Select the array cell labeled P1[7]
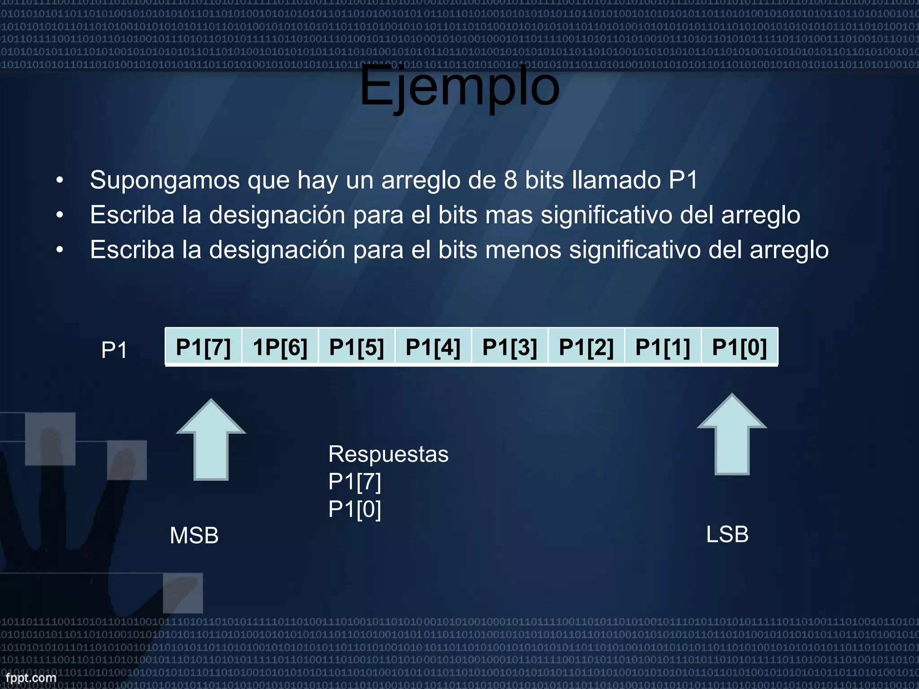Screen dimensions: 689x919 pyautogui.click(x=203, y=347)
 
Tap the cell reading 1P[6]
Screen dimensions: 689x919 pyautogui.click(x=280, y=347)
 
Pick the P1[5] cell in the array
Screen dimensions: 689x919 pyautogui.click(x=357, y=347)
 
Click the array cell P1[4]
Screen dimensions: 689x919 pyautogui.click(x=433, y=347)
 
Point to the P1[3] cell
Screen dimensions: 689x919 pyautogui.click(x=510, y=347)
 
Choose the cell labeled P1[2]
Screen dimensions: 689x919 pyautogui.click(x=586, y=347)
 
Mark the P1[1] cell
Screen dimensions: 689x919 pyautogui.click(x=663, y=347)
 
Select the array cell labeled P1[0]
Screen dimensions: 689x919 pyautogui.click(x=740, y=347)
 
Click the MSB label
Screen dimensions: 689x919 pyautogui.click(x=194, y=535)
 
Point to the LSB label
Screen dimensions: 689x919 pyautogui.click(x=727, y=534)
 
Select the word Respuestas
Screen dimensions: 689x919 pyautogui.click(x=388, y=454)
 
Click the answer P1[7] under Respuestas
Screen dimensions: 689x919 pyautogui.click(x=354, y=482)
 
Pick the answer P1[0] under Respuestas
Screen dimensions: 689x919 pyautogui.click(x=354, y=509)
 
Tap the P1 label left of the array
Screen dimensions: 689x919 pyautogui.click(x=114, y=350)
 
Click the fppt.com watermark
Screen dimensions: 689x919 pyautogui.click(x=31, y=677)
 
